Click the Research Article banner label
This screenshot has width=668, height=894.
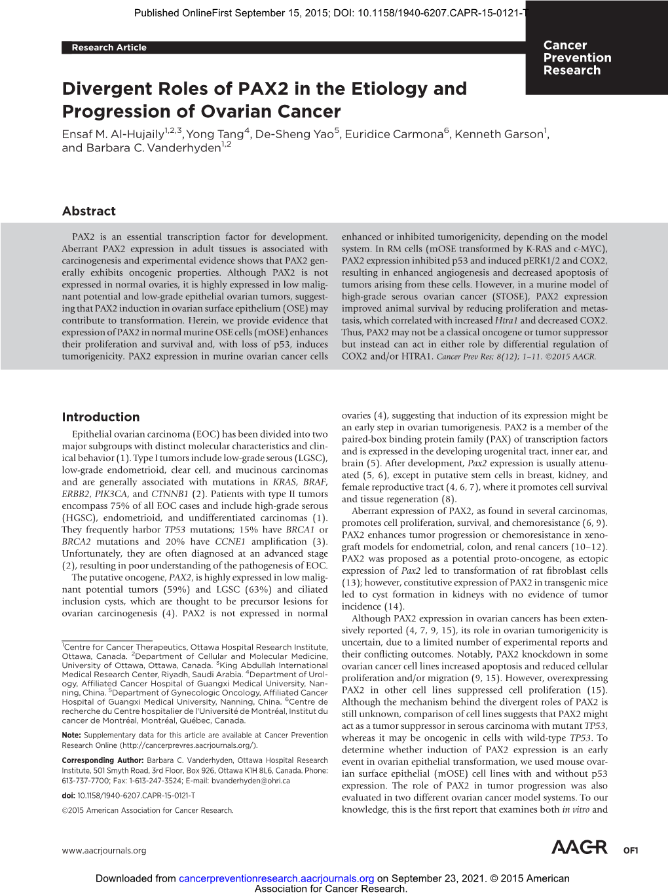coord(109,47)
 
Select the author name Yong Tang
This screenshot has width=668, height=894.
coord(215,134)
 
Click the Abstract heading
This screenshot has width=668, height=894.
coord(88,211)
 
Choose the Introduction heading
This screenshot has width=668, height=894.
coord(100,417)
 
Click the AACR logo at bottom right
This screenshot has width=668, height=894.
coord(579,847)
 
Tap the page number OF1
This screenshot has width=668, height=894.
coord(630,850)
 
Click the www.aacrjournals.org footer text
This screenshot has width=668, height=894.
coord(103,850)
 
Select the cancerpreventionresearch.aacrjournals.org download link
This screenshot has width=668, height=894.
coord(276,878)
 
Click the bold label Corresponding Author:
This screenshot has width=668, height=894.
coord(103,760)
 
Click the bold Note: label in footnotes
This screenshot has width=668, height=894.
coord(71,735)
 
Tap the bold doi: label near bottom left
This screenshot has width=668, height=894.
coord(68,795)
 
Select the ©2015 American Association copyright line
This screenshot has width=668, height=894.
coord(147,810)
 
